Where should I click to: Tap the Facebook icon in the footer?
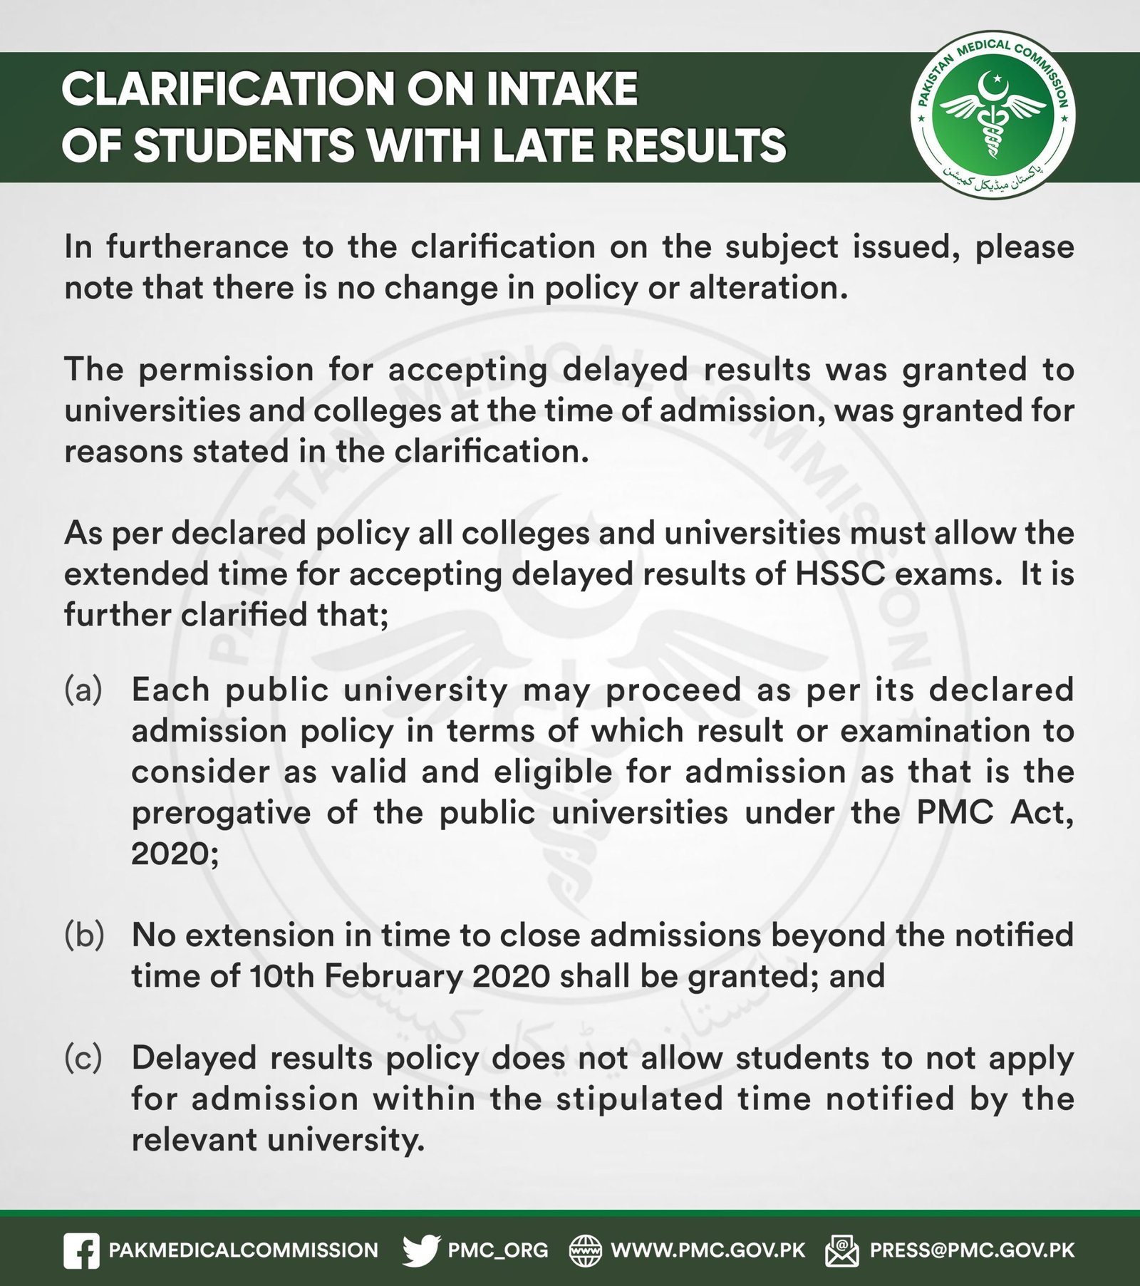pyautogui.click(x=81, y=1250)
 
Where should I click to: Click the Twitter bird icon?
pyautogui.click(x=422, y=1250)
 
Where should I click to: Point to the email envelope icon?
pyautogui.click(x=842, y=1250)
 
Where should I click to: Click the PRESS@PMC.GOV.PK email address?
pyautogui.click(x=973, y=1250)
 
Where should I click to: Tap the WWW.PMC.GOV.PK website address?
pyautogui.click(x=708, y=1250)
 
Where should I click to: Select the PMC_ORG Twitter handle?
pyautogui.click(x=498, y=1250)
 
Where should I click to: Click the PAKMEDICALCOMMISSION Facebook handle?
pyautogui.click(x=243, y=1250)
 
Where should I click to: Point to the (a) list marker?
pyautogui.click(x=83, y=690)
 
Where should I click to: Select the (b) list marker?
pyautogui.click(x=83, y=935)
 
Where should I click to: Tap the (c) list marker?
pyautogui.click(x=83, y=1058)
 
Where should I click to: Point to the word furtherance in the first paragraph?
pyautogui.click(x=197, y=247)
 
